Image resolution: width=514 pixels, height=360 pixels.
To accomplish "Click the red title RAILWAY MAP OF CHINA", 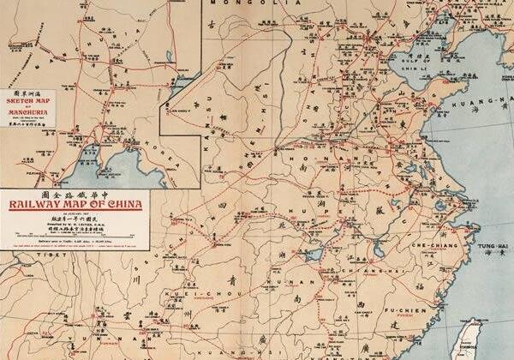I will click(x=75, y=204).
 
